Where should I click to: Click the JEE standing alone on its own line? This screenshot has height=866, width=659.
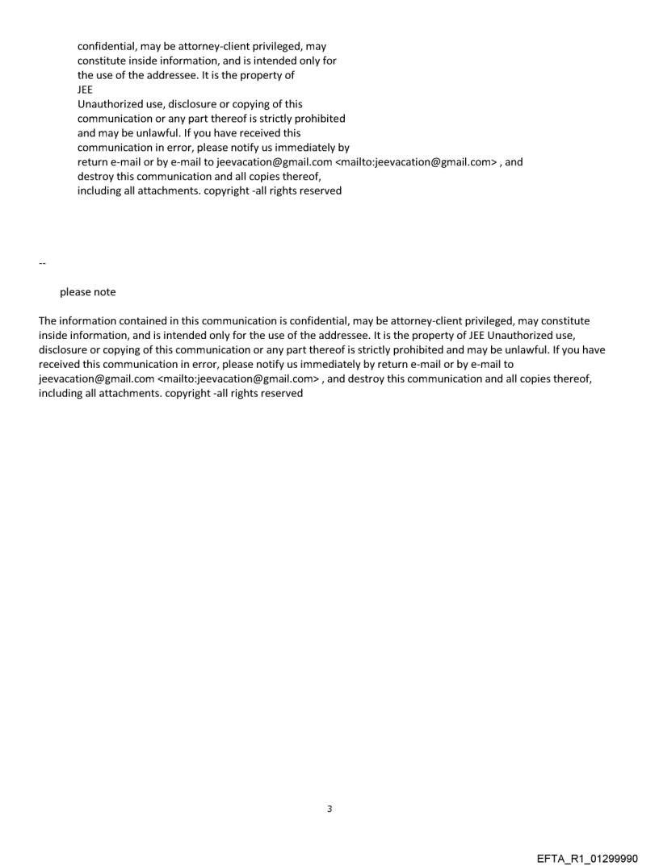pos(85,90)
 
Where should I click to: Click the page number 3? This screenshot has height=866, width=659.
pos(329,809)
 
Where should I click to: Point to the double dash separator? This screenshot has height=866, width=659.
pos(42,264)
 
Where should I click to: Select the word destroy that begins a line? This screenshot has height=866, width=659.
pos(96,177)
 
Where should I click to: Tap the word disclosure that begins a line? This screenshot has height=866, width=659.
pos(64,350)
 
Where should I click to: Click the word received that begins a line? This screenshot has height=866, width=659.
pos(61,365)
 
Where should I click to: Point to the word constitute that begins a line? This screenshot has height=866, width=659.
pos(103,61)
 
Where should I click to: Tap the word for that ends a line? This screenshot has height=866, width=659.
pos(329,61)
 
